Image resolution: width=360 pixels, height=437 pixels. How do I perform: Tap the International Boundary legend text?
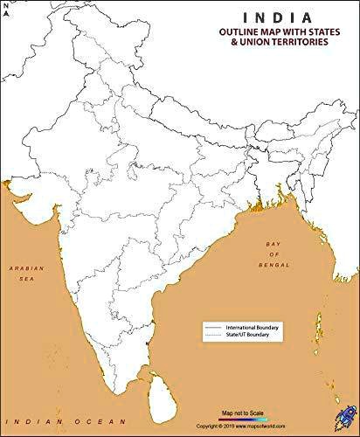click(251, 327)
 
